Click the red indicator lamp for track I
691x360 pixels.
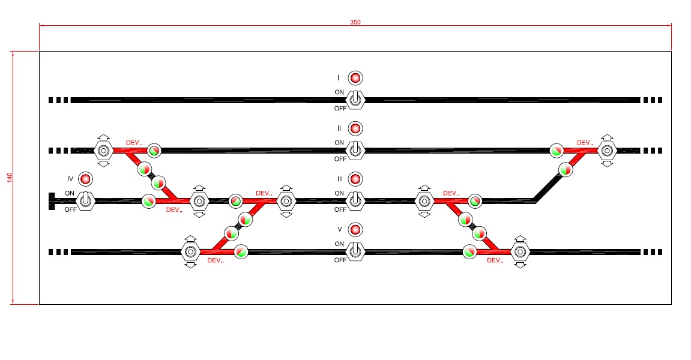coord(355,78)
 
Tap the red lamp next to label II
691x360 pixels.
coord(355,128)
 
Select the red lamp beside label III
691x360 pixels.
coord(355,179)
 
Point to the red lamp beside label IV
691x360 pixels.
coord(85,179)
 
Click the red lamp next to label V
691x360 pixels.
coord(355,230)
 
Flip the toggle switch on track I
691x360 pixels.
coord(355,99)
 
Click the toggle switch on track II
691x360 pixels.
coord(355,150)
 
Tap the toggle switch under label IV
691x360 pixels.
coord(85,200)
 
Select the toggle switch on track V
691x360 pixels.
coord(355,251)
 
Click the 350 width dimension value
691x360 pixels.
coord(355,22)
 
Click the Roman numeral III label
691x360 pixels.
coord(339,179)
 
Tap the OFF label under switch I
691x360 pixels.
coord(340,109)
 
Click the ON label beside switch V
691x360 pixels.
coord(339,244)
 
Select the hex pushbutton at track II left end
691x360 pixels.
coord(103,150)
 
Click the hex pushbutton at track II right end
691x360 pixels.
coord(608,150)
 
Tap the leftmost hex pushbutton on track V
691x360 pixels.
coord(190,251)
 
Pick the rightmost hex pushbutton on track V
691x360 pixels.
coord(521,251)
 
